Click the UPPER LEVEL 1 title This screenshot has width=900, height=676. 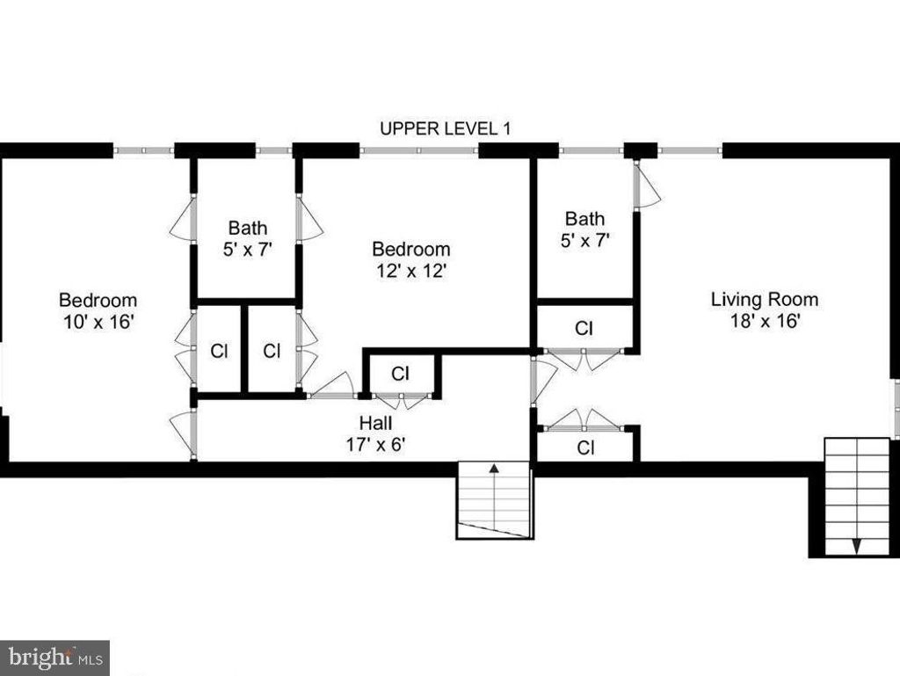445,128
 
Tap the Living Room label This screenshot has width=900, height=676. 765,300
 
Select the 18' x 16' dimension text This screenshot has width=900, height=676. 766,321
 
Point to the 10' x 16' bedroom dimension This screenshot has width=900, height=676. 98,322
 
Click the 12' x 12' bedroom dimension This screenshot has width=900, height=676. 411,270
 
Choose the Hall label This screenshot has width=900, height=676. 376,424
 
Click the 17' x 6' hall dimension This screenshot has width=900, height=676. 376,444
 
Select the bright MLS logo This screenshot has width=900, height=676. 55,658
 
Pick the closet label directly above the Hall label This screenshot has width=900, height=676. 400,374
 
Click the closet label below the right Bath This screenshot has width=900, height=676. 584,328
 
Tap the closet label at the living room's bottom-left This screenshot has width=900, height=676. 585,447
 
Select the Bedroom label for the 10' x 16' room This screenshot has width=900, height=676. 98,300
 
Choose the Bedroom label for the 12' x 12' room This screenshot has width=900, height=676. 411,249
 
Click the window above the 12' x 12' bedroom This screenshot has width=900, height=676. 419,151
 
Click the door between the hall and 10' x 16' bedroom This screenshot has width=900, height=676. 184,434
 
